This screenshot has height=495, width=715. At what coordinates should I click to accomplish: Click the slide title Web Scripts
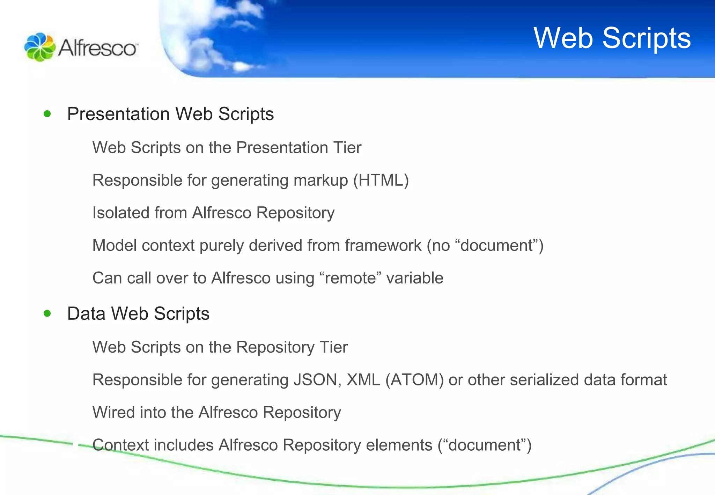tap(612, 38)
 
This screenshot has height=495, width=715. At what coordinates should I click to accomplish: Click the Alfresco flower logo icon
tap(39, 47)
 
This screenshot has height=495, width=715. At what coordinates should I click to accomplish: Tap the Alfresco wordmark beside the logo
tap(97, 48)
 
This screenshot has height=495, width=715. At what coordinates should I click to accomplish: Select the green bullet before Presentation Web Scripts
tap(47, 114)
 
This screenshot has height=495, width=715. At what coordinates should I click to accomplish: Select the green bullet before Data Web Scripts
tap(47, 313)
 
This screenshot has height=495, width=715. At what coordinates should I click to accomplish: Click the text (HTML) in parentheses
tap(381, 180)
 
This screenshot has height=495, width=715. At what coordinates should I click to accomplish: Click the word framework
tap(383, 245)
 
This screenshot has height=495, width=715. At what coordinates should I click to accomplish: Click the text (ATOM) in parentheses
tap(414, 380)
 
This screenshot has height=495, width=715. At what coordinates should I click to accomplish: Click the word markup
tap(321, 180)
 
